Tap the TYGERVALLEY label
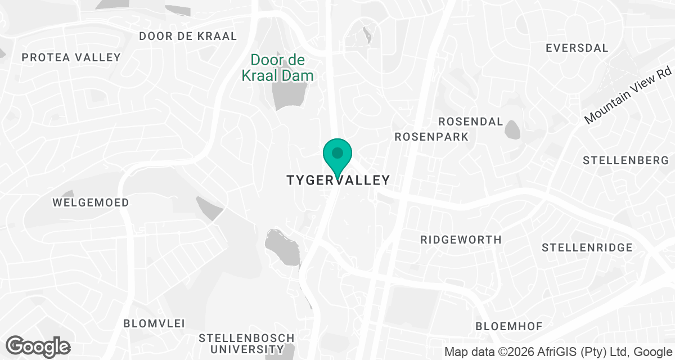338,181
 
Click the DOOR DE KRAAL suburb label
188,36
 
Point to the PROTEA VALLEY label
71,57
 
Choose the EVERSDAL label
577,48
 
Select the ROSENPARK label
431,137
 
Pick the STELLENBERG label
625,161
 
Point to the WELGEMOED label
91,202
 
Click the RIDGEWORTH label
461,240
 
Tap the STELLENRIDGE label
587,248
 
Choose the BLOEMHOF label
508,327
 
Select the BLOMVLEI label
154,323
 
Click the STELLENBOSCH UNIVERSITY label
247,344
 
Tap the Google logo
38,346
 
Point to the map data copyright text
558,352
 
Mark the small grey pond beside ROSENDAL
512,129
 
